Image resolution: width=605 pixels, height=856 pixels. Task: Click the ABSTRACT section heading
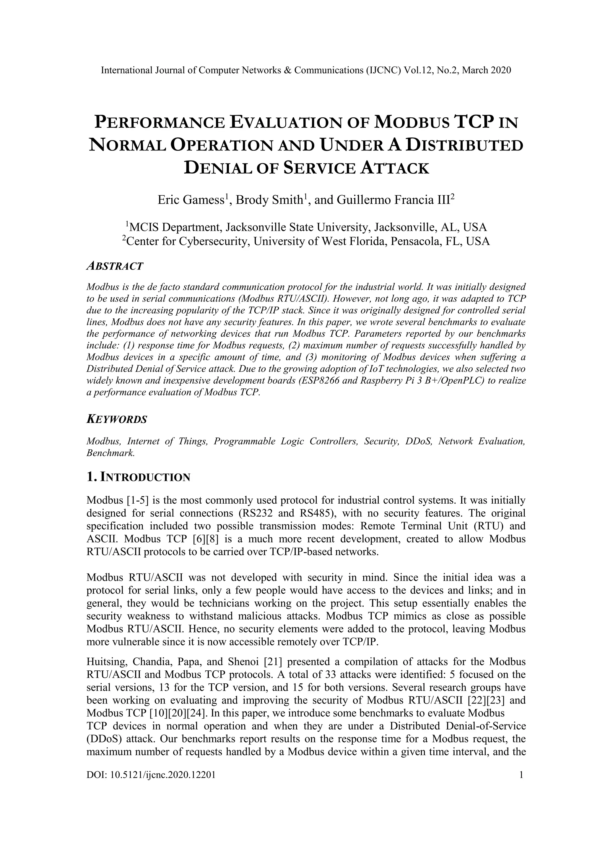click(115, 266)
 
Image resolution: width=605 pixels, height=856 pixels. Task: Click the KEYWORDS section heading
click(117, 419)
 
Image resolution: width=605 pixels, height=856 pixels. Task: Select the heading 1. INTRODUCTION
click(138, 477)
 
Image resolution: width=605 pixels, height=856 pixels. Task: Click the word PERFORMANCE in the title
click(160, 123)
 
